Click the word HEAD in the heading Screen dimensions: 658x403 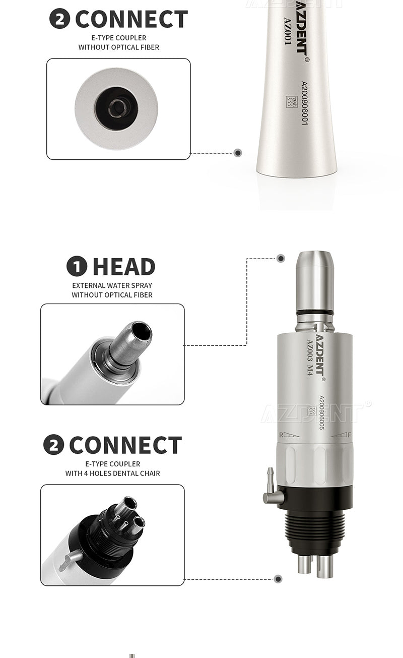coord(123,267)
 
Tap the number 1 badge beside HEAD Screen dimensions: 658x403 coord(77,267)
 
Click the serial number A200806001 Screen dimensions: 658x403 coord(304,103)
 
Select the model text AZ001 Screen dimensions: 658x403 coord(288,32)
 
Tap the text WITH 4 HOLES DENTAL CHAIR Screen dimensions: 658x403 coord(112,473)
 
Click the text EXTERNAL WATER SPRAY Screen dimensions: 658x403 coord(112,285)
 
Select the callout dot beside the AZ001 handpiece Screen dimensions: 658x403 coord(238,153)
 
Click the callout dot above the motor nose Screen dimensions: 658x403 coord(281,259)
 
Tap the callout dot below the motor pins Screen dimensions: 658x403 coord(278,579)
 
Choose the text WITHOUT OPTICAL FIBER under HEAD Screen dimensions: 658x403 coord(112,295)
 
